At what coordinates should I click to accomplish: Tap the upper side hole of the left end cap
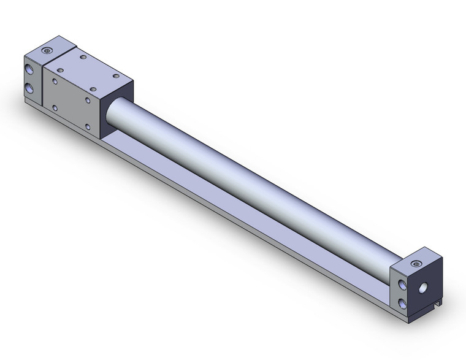click(30, 66)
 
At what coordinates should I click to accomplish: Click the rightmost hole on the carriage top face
click(116, 77)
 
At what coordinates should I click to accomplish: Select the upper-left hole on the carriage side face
click(56, 80)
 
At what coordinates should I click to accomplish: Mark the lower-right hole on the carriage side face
click(88, 127)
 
